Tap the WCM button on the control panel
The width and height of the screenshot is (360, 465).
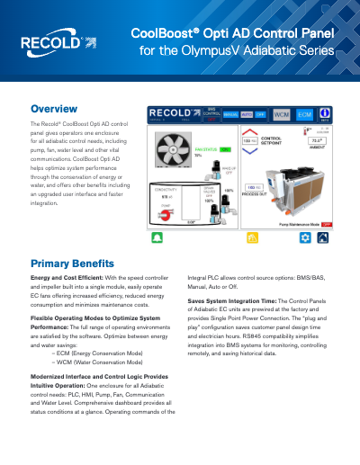[x=282, y=114]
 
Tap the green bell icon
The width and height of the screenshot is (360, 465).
[x=157, y=238]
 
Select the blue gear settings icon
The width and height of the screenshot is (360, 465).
[x=305, y=238]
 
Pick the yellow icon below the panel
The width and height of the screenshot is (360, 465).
[x=250, y=238]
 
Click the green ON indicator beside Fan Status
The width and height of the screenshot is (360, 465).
[x=225, y=148]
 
